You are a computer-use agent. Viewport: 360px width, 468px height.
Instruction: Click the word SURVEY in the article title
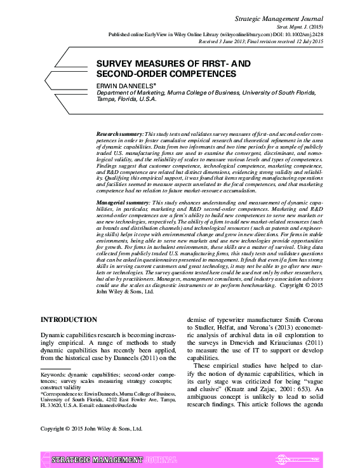115,64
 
